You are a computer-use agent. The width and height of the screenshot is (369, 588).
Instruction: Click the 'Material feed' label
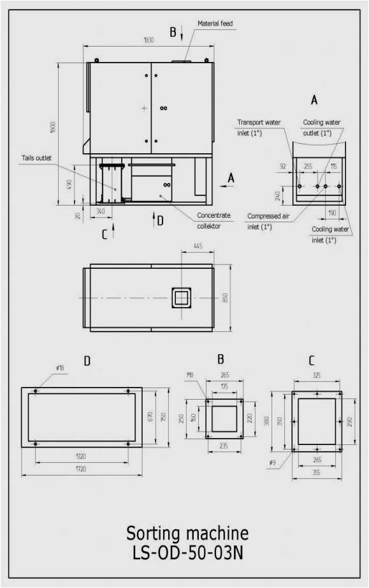(x=215, y=24)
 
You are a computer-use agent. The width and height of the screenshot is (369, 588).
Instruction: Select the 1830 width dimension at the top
(x=148, y=40)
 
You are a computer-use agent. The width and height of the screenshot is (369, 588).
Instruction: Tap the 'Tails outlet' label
(x=36, y=158)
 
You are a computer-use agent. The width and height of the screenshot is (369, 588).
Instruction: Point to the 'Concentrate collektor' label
(x=213, y=220)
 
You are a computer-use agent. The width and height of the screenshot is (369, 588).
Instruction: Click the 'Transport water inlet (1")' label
(x=254, y=128)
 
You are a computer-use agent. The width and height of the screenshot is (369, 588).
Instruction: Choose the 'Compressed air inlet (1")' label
(x=268, y=221)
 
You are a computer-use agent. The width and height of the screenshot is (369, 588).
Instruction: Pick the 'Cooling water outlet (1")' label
(x=321, y=128)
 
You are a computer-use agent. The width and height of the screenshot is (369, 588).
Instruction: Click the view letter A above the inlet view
(x=314, y=100)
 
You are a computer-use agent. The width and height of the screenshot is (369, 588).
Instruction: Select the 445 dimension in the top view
(x=198, y=246)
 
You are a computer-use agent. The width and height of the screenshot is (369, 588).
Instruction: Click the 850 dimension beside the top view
(x=224, y=298)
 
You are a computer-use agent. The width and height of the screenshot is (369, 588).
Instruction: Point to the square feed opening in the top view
(x=181, y=298)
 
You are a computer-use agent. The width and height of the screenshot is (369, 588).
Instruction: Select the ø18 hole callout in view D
(x=59, y=368)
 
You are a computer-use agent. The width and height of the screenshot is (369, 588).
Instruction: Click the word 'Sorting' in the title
(x=154, y=533)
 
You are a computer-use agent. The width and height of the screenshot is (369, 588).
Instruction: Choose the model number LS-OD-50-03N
(x=184, y=553)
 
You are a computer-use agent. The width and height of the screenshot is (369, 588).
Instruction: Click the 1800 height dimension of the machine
(x=54, y=128)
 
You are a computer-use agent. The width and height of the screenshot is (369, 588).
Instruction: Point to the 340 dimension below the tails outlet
(x=100, y=210)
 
